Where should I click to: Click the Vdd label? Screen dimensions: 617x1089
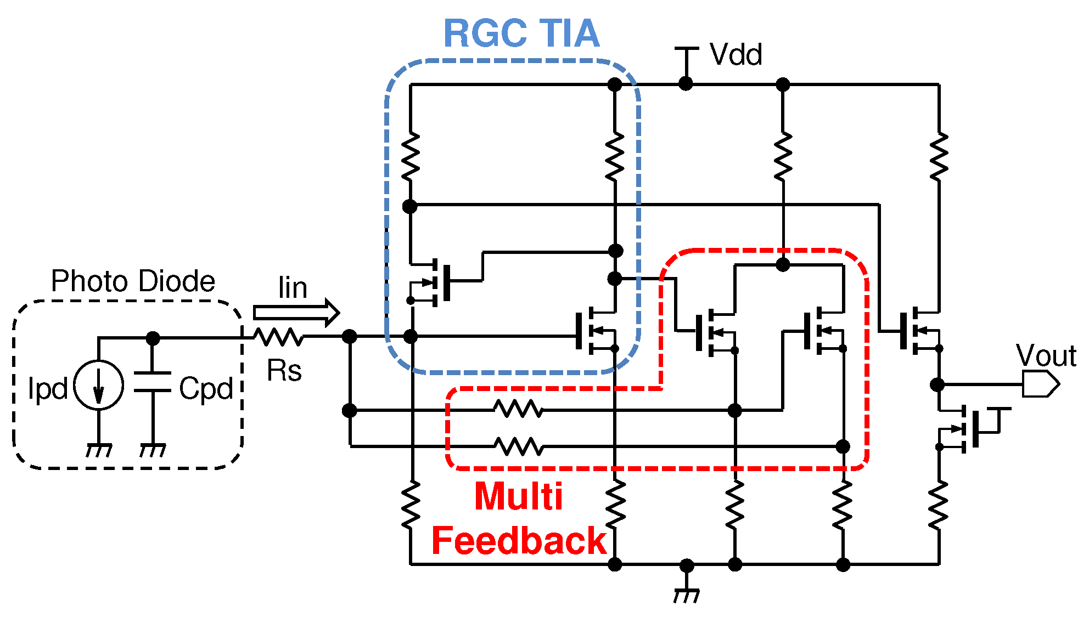tap(736, 55)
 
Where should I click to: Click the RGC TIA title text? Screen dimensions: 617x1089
tap(521, 34)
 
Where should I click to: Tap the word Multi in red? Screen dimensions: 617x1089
tap(518, 497)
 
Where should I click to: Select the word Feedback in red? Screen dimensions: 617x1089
tap(518, 541)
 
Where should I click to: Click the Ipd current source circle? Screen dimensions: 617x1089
tap(99, 385)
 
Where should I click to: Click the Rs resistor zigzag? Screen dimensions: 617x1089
tap(279, 337)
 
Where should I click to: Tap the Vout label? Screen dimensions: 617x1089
tap(1046, 355)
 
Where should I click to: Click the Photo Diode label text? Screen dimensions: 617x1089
tap(133, 281)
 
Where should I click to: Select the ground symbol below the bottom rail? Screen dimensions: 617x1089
tap(687, 593)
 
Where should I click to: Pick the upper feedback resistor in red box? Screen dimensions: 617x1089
tap(518, 409)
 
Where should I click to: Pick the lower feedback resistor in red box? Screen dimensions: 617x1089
tap(518, 446)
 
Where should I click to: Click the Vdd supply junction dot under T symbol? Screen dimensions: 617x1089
tap(686, 84)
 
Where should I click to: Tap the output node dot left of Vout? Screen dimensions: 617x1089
tap(938, 384)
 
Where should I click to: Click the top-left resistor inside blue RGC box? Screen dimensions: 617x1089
tap(410, 156)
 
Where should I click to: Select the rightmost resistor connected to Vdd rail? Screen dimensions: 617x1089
tap(939, 156)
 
